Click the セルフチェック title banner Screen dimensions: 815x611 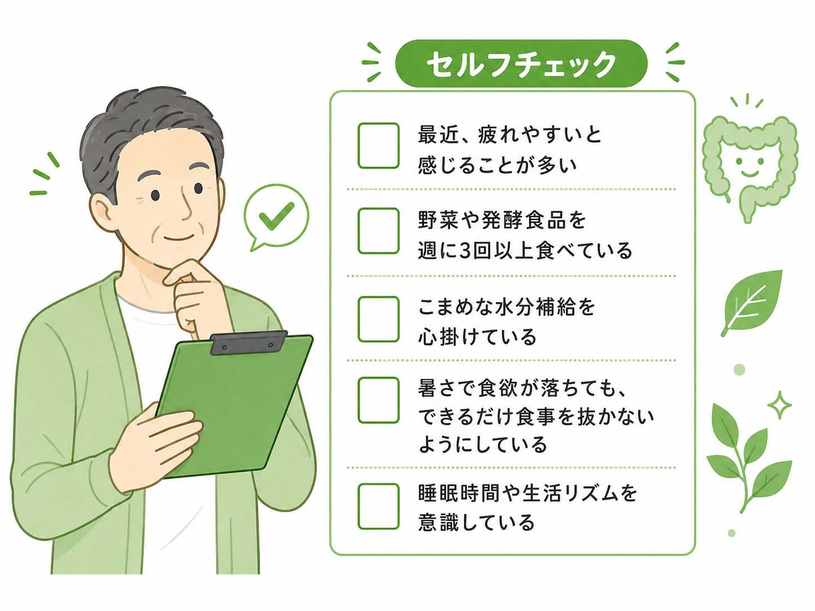point(521,64)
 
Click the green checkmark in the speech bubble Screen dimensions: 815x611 point(276,216)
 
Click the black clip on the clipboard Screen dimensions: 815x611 point(248,343)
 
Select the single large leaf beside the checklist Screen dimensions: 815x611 point(752,302)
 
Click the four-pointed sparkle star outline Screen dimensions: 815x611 point(780,405)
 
